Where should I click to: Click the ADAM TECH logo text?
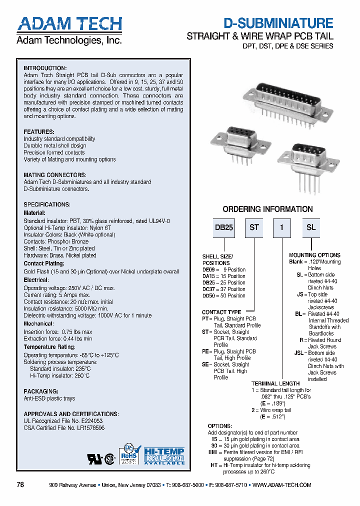click(x=69, y=24)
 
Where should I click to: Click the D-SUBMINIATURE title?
click(x=278, y=23)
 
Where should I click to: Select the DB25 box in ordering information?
click(x=224, y=227)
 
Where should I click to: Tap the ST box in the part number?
click(x=254, y=227)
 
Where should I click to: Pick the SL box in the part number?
click(x=310, y=227)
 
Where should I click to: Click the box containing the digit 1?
click(x=282, y=227)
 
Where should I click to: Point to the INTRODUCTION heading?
click(x=45, y=68)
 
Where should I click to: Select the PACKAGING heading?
click(x=41, y=391)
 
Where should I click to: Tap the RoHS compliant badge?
click(x=129, y=454)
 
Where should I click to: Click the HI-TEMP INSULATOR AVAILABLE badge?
click(x=164, y=455)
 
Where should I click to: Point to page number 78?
click(x=20, y=485)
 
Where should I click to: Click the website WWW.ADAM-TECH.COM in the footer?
click(x=282, y=485)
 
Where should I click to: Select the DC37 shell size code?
click(x=209, y=289)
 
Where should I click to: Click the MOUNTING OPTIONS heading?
click(x=314, y=255)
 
